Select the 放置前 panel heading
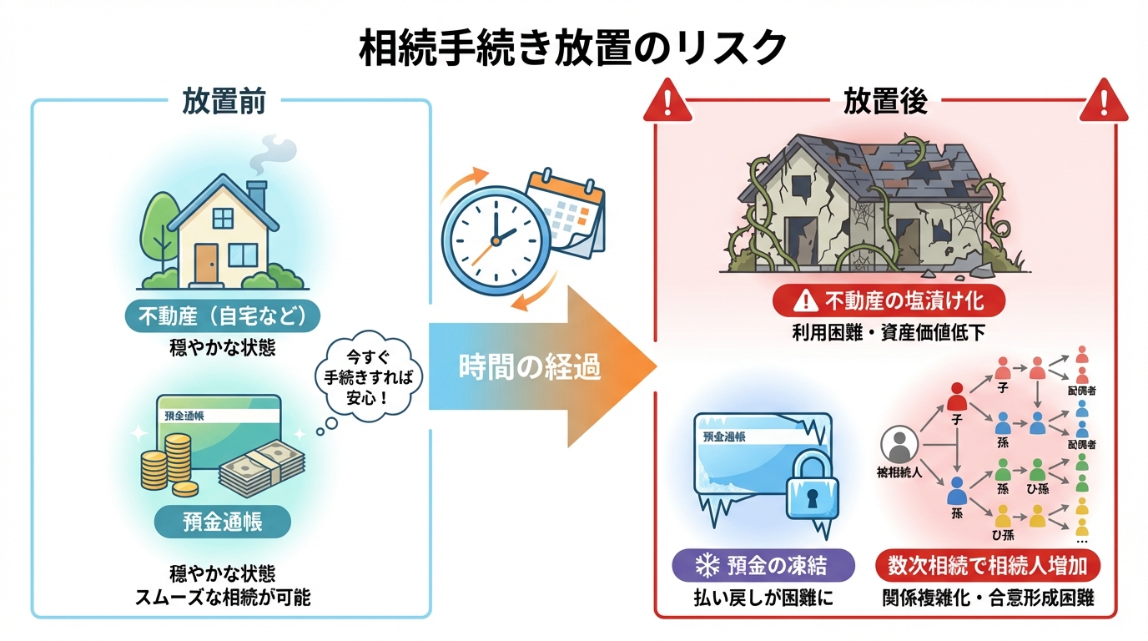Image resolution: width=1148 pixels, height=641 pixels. point(224,101)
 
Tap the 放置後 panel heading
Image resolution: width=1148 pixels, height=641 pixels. point(885,101)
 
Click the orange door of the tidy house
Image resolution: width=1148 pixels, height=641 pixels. point(206,260)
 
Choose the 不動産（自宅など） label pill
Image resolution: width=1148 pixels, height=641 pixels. point(223,317)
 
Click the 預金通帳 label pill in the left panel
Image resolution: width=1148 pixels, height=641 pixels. point(223,522)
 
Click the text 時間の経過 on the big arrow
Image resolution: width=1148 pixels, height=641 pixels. point(530,367)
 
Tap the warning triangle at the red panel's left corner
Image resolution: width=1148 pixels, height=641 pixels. point(670,103)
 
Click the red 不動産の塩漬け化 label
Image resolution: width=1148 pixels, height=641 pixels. point(888,300)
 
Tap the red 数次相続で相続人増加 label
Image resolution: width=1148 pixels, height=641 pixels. point(987,565)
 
